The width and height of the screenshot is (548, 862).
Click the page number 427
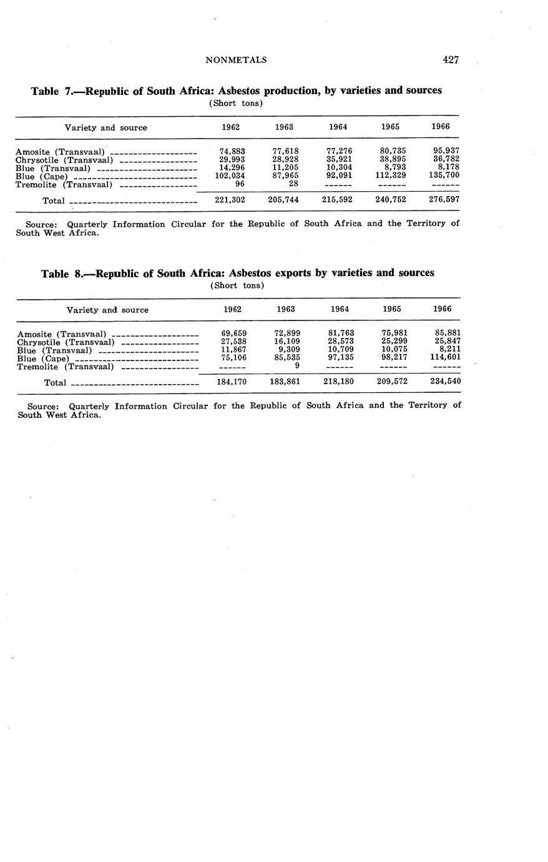[x=451, y=60]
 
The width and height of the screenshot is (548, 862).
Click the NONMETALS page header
[x=236, y=60]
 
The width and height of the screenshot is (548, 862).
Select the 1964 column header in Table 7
[x=338, y=127]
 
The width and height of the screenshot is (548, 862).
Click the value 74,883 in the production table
[x=232, y=151]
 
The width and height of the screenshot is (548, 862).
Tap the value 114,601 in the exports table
[x=448, y=357]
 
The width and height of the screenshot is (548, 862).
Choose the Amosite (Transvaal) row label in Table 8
[x=62, y=334]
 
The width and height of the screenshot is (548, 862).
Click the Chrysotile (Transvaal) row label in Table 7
[x=64, y=160]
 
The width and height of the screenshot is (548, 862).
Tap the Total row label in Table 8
[x=55, y=382]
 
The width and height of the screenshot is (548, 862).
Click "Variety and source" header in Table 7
[x=106, y=127]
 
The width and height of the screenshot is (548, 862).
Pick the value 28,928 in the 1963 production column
[x=285, y=159]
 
